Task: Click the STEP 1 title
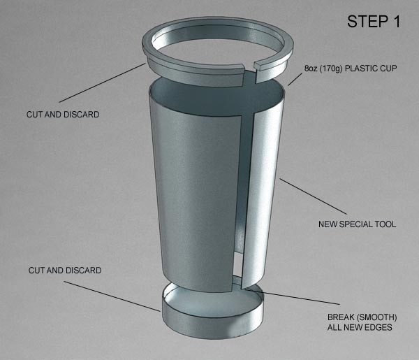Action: [374, 22]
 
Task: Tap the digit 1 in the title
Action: [396, 22]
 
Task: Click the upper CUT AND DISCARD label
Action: [63, 115]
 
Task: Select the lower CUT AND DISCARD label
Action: [65, 271]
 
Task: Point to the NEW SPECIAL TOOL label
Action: [357, 224]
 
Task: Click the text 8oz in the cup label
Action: [311, 69]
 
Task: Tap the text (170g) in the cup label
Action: [331, 69]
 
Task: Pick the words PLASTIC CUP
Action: [371, 69]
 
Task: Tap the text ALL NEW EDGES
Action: [360, 327]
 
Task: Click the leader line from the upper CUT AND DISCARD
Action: [103, 82]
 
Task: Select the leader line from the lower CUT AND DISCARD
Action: [112, 296]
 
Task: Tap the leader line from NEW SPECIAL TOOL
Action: [313, 196]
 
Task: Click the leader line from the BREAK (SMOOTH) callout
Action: [293, 296]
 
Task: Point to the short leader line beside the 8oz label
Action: [295, 80]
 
